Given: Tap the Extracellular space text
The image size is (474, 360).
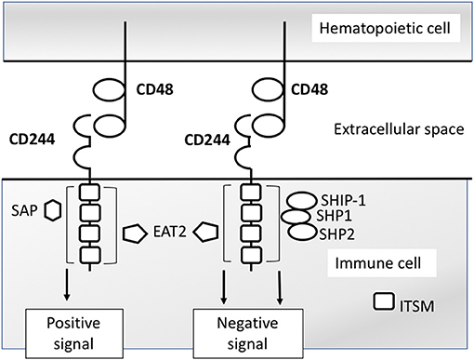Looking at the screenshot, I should tap(396, 127).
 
